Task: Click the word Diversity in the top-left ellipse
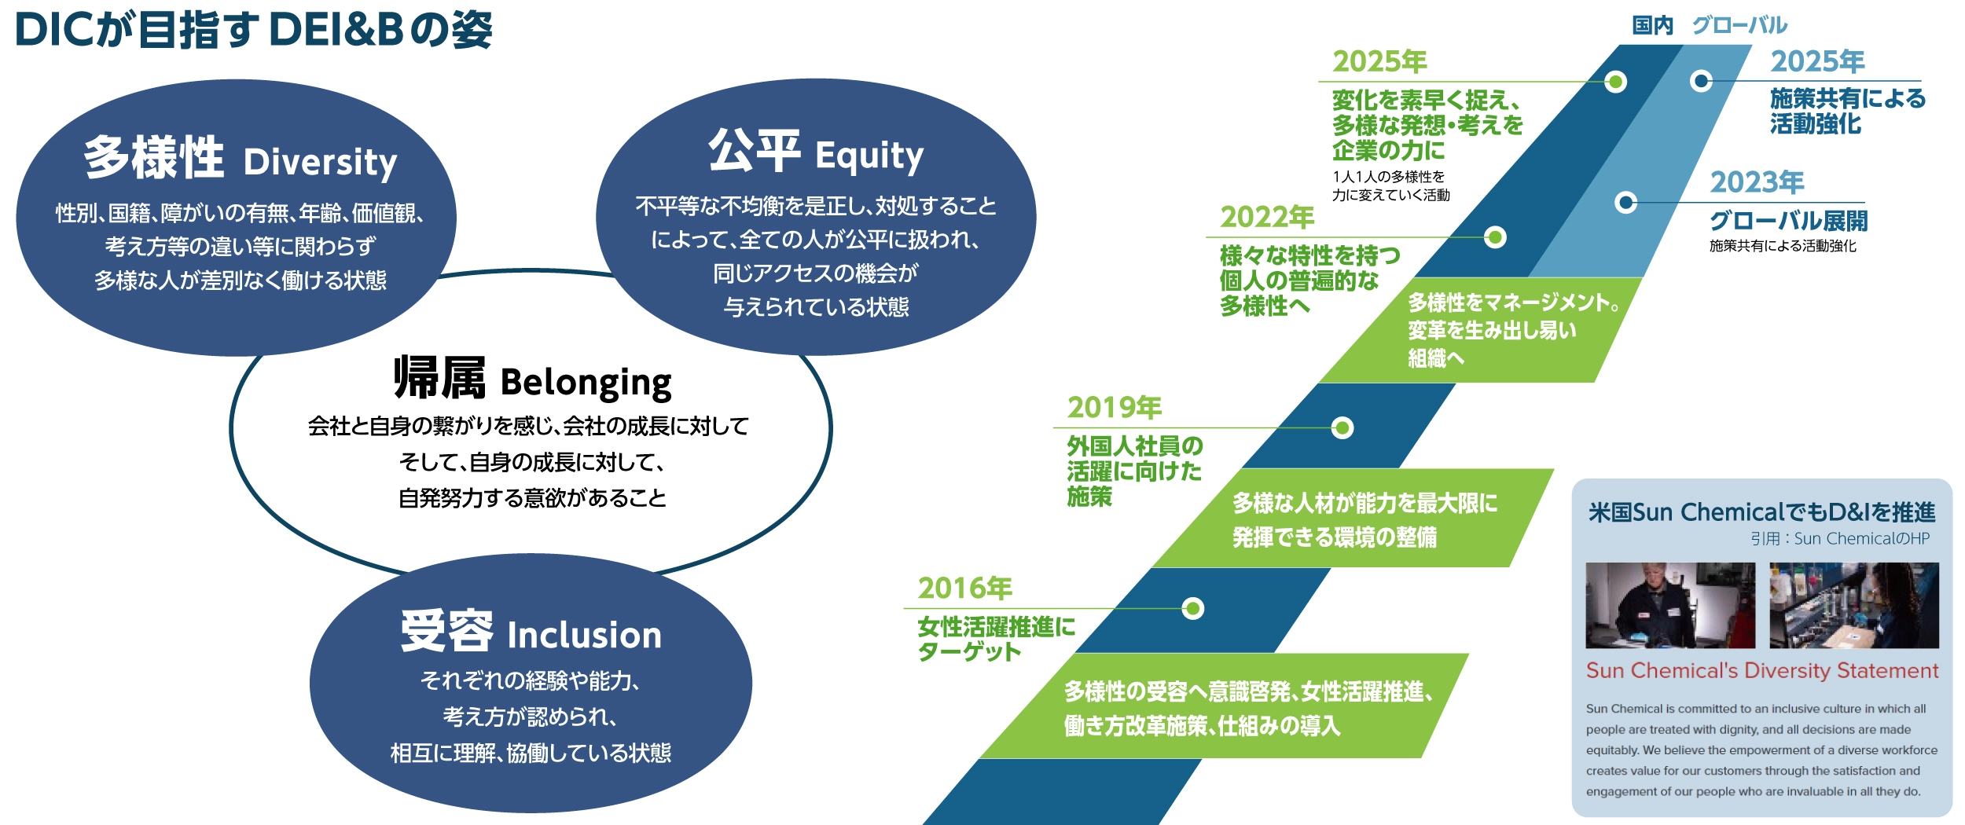[320, 163]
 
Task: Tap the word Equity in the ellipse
[869, 156]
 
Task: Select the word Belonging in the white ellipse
[586, 383]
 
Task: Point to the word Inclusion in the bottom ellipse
[584, 635]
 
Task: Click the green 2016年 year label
[964, 588]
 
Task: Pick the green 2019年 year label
[1114, 408]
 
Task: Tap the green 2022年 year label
[1266, 217]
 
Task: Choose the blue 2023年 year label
[1757, 182]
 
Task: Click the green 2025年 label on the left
[1379, 61]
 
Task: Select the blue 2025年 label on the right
[1817, 61]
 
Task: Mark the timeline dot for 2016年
[1192, 609]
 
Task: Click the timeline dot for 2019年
[1342, 428]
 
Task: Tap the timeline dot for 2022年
[1495, 237]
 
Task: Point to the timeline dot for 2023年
[1625, 203]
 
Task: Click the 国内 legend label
[1652, 26]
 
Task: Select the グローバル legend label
[1739, 26]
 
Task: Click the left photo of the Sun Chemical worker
[1669, 605]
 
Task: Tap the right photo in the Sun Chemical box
[1853, 605]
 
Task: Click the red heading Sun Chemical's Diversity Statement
[1761, 671]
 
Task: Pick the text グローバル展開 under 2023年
[1788, 221]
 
